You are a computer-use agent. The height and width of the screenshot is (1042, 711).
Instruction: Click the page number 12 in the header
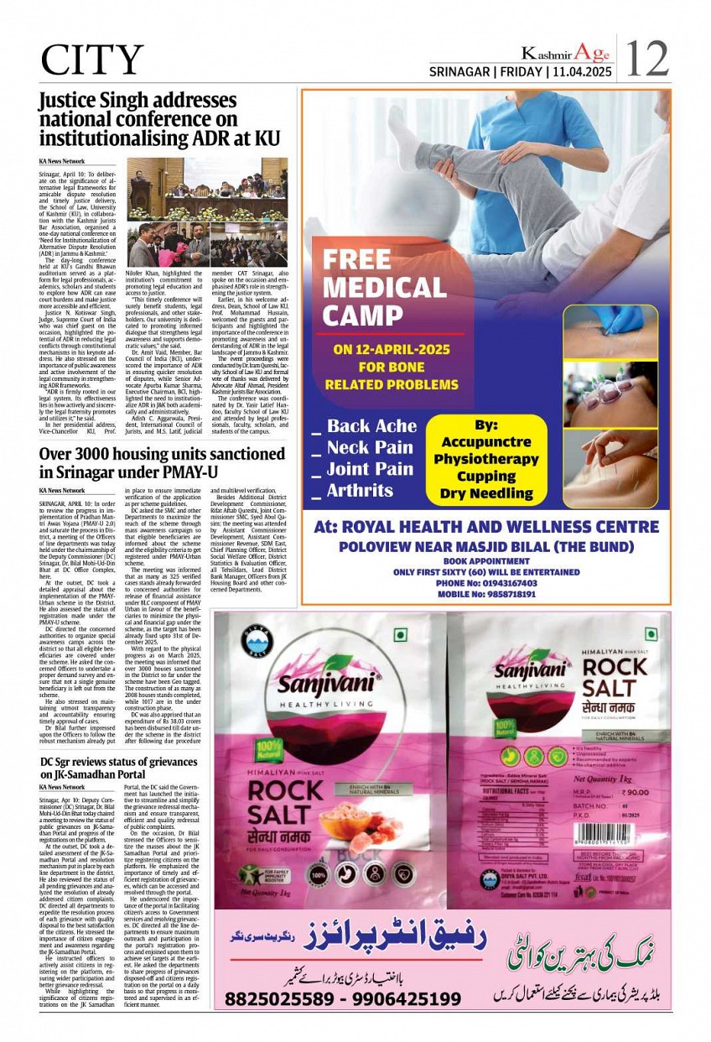tap(648, 58)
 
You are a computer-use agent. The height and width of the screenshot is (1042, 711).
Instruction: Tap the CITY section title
tap(91, 60)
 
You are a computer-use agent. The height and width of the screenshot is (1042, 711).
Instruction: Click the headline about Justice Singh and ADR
tap(159, 119)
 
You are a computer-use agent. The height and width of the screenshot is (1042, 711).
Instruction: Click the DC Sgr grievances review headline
tap(118, 768)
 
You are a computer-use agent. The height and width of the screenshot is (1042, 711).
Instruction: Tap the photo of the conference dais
tap(207, 189)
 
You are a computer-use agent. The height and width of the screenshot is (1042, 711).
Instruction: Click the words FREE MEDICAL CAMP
tap(385, 288)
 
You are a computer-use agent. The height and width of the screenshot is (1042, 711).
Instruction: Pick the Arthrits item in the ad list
tap(360, 490)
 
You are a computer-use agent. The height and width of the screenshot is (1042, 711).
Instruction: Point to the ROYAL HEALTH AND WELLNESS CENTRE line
tap(486, 527)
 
